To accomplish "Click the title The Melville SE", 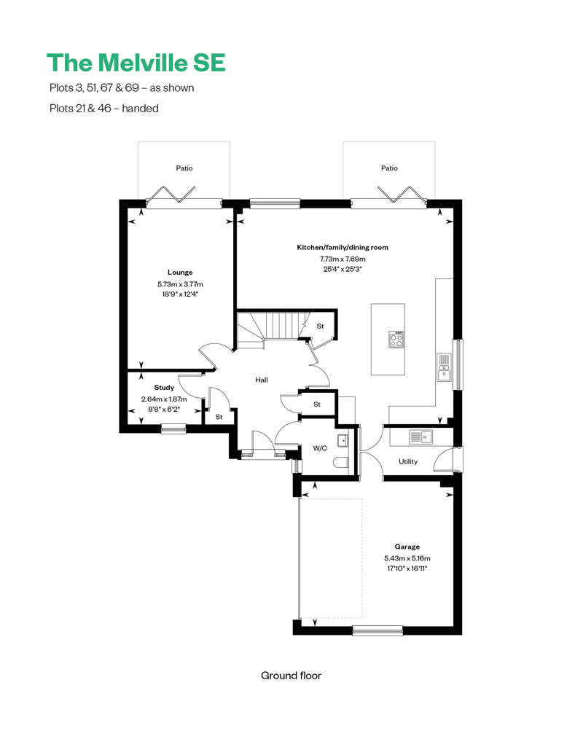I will tap(136, 63).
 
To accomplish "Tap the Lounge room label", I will tap(180, 273).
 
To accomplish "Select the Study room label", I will tap(164, 388).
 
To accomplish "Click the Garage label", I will tap(407, 547).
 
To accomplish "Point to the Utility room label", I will tap(407, 462).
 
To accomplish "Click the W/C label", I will tap(320, 448).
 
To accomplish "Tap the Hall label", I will tap(262, 380).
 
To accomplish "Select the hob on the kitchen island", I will tap(396, 340).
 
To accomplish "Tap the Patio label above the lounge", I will tap(184, 168).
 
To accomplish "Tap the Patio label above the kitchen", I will tap(389, 168).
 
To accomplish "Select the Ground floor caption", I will tap(291, 676).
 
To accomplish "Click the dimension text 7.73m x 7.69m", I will tap(342, 259).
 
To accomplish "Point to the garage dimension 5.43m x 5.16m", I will tap(407, 558).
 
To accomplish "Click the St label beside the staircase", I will tap(320, 326).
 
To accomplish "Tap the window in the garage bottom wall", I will tap(377, 630).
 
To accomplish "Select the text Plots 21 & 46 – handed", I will tap(102, 108).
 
